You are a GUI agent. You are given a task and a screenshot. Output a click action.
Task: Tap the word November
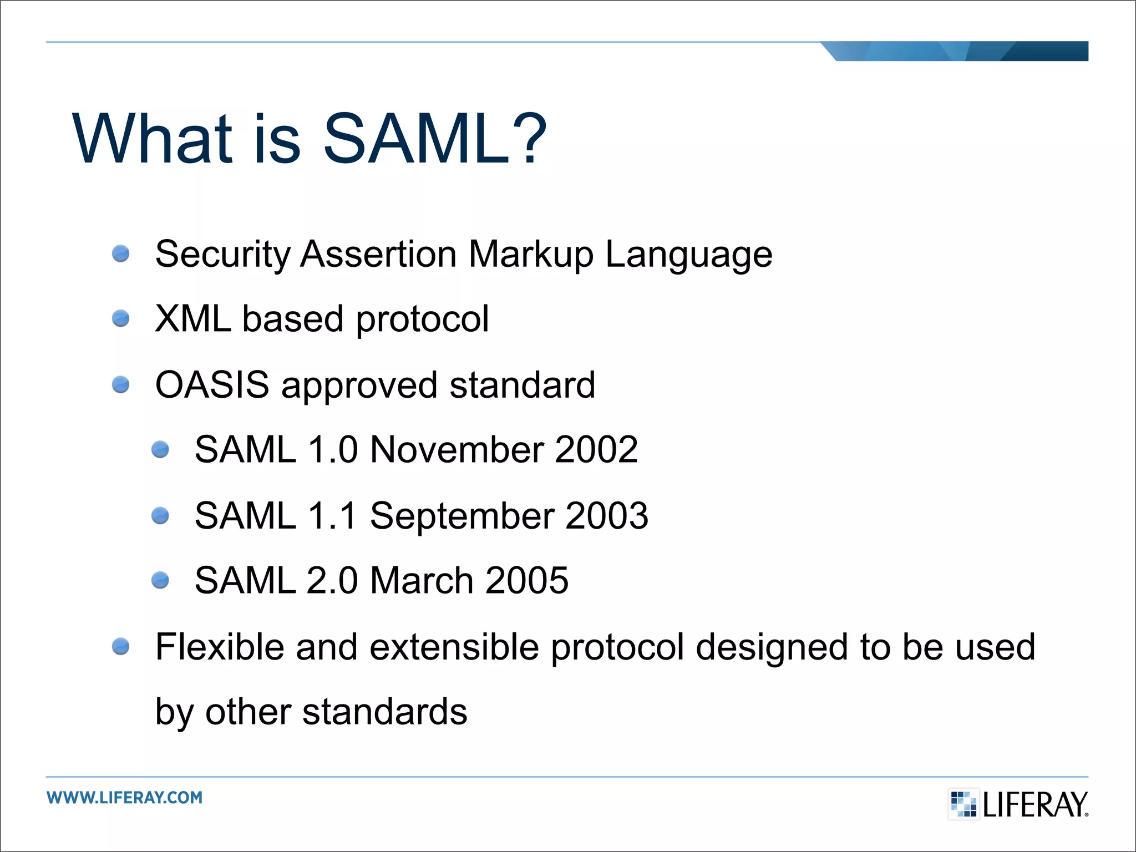click(x=456, y=449)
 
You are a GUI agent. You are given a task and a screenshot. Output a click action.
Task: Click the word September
click(x=461, y=516)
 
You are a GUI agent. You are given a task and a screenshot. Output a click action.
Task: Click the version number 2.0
click(x=332, y=581)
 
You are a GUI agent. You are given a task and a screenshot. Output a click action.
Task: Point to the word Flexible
click(x=220, y=647)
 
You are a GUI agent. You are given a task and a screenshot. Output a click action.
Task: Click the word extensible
click(x=454, y=647)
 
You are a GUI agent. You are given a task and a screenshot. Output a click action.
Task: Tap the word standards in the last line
click(x=384, y=712)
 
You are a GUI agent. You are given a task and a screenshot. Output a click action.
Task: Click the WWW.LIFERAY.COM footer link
click(x=125, y=798)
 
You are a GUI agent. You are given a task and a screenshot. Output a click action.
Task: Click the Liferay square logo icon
click(x=963, y=804)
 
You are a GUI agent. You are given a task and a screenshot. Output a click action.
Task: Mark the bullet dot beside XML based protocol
click(x=120, y=319)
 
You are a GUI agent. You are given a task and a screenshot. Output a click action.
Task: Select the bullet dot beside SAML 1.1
click(x=160, y=516)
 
